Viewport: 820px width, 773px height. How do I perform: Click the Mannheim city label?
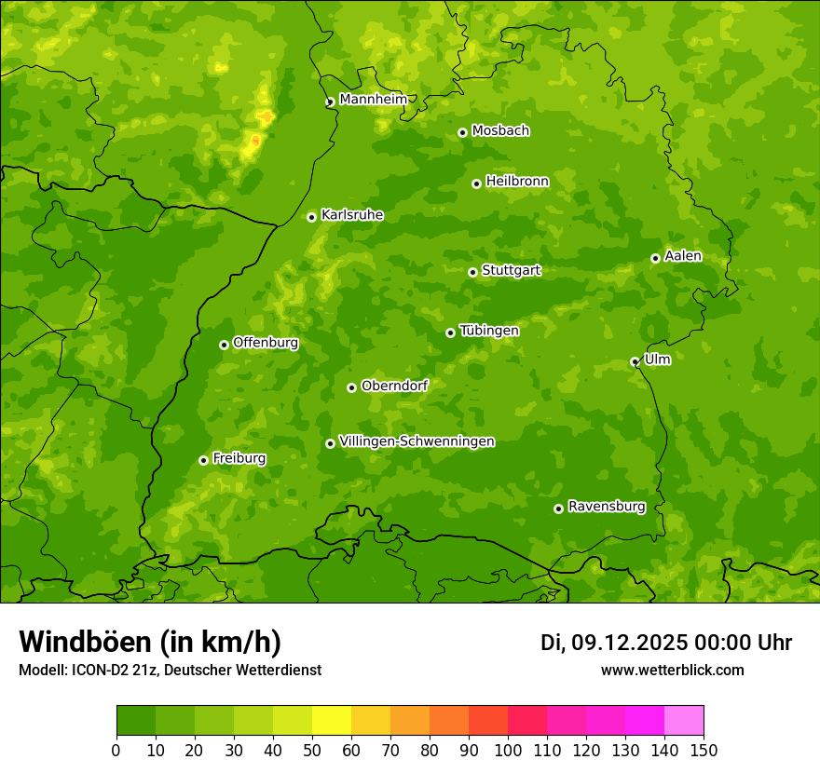373,100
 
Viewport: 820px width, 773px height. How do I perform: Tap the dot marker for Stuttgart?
472,272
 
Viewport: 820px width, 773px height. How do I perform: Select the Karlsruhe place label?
351,215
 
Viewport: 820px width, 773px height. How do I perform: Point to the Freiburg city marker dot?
203,460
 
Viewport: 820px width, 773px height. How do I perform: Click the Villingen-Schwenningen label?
417,441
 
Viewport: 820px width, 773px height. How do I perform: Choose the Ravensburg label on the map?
607,507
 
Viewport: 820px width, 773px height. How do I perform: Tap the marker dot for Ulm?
635,361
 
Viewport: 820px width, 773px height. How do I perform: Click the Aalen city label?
683,256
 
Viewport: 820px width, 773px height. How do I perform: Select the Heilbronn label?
517,182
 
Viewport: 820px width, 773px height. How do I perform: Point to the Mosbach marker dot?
462,132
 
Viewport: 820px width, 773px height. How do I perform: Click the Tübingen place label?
489,331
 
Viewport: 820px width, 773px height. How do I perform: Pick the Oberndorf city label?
394,386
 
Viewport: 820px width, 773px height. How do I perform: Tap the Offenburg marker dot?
224,345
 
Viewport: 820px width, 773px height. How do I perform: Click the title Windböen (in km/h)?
150,642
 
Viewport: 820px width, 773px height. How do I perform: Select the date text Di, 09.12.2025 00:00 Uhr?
666,643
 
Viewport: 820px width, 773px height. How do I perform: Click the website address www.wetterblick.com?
672,670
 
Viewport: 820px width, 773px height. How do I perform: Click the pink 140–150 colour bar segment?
684,720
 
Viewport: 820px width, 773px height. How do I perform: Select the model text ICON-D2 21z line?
170,670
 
